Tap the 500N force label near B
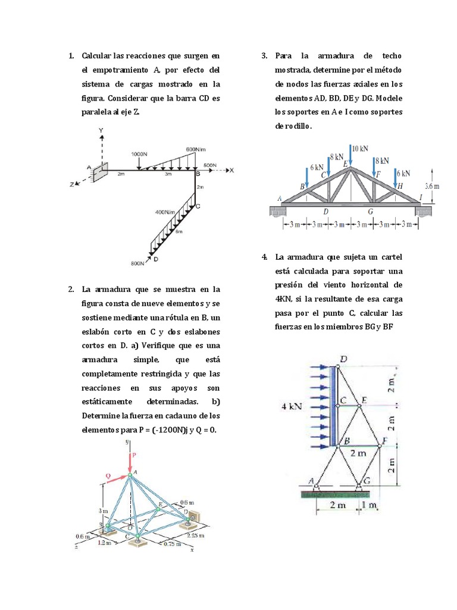(211, 164)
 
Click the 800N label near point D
(137, 263)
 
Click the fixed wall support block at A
(102, 170)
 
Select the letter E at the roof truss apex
(346, 163)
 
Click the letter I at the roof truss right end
(421, 197)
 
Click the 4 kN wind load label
(292, 406)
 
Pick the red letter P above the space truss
(134, 455)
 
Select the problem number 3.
(264, 56)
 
